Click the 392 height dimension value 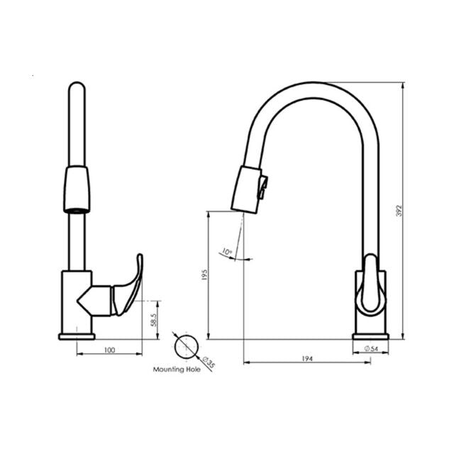pyautogui.click(x=399, y=210)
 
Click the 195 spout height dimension pyautogui.click(x=204, y=275)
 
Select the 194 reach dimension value pyautogui.click(x=306, y=360)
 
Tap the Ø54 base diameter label pyautogui.click(x=372, y=348)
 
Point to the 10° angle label pyautogui.click(x=226, y=252)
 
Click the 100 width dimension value pyautogui.click(x=109, y=350)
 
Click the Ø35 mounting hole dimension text pyautogui.click(x=209, y=364)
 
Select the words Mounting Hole pyautogui.click(x=177, y=370)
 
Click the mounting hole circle pyautogui.click(x=187, y=347)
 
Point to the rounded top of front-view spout pyautogui.click(x=77, y=88)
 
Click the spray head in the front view pyautogui.click(x=77, y=189)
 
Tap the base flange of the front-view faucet pyautogui.click(x=77, y=336)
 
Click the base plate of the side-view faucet pyautogui.click(x=370, y=336)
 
